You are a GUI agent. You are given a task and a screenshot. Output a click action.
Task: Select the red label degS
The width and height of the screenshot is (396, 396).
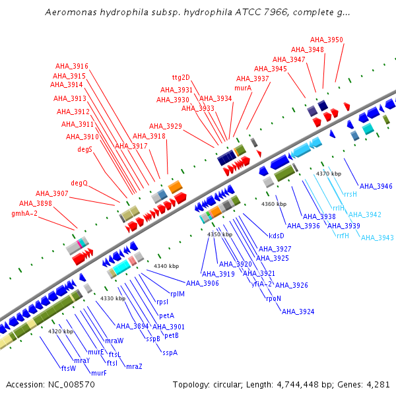[x=84, y=149]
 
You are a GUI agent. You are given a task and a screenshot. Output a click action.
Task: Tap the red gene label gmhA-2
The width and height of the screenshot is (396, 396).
[x=24, y=213]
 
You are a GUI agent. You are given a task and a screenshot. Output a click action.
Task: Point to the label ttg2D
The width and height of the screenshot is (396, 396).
[x=181, y=78]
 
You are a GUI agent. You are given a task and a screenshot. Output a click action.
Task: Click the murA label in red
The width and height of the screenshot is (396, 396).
[x=243, y=88]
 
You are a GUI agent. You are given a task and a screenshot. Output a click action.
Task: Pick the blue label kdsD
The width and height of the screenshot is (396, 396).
[x=277, y=236]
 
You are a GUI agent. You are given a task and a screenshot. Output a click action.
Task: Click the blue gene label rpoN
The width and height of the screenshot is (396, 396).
[x=274, y=298]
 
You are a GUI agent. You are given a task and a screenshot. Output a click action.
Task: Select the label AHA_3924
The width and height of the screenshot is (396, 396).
[x=298, y=311]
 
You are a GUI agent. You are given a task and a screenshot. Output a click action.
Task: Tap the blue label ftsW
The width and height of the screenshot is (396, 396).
[x=69, y=368]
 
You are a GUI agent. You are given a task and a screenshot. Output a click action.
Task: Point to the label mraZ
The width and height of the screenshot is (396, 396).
[x=134, y=366]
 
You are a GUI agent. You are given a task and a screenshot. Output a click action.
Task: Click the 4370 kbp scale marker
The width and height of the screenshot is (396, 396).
[x=328, y=174]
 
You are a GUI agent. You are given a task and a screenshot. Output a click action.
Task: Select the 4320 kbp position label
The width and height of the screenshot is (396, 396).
[x=60, y=331]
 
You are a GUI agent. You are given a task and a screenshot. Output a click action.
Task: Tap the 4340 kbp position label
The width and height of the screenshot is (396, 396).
[x=166, y=266]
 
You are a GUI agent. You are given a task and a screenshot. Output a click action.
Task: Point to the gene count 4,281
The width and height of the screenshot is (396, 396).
[x=378, y=384]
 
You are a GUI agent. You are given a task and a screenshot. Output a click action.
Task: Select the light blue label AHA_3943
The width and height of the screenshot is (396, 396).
[x=377, y=238]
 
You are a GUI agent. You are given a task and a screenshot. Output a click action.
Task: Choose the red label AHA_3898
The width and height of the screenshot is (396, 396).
[x=35, y=203]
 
